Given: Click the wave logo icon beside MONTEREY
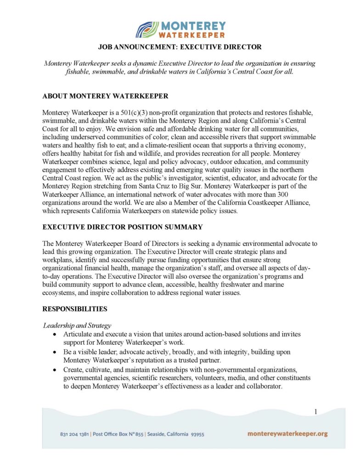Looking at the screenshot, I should coord(147,29).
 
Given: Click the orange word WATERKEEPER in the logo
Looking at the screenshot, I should coord(192,34).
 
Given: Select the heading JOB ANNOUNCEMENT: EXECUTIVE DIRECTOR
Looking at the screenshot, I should coord(180,47).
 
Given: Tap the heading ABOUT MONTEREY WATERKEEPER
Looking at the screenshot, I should coord(105,96).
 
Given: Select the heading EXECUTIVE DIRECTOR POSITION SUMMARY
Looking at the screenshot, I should coord(123,227).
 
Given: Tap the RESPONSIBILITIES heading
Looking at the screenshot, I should coord(75,309).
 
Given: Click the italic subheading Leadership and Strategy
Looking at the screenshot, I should coord(77,325).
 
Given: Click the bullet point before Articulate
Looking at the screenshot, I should coord(56,335).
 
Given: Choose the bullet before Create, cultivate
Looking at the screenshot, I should coord(56,369).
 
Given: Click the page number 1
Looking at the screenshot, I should coord(316,412).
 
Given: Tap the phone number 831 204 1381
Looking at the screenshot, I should coord(74,434).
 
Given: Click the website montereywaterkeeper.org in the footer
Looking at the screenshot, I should coord(287,434).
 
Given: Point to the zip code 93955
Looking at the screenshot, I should coord(197,434).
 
